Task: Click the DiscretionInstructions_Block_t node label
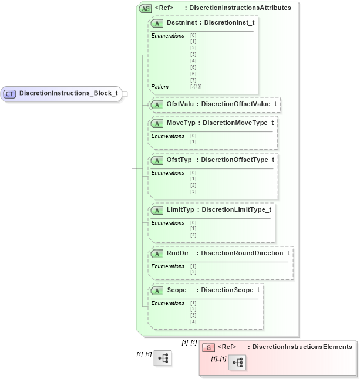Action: click(x=68, y=93)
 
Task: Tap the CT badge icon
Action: click(x=10, y=93)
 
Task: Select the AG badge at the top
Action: click(x=144, y=8)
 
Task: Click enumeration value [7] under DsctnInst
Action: click(x=193, y=80)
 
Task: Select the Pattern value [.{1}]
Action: click(x=196, y=87)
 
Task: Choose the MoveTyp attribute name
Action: click(x=180, y=123)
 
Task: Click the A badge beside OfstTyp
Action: click(x=157, y=160)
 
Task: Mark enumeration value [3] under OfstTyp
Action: click(x=193, y=192)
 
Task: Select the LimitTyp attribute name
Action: click(x=180, y=209)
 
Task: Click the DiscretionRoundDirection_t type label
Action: click(x=245, y=253)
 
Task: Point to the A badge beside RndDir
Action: click(x=157, y=253)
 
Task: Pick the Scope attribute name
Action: click(x=177, y=290)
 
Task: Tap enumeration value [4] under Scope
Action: click(x=193, y=322)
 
